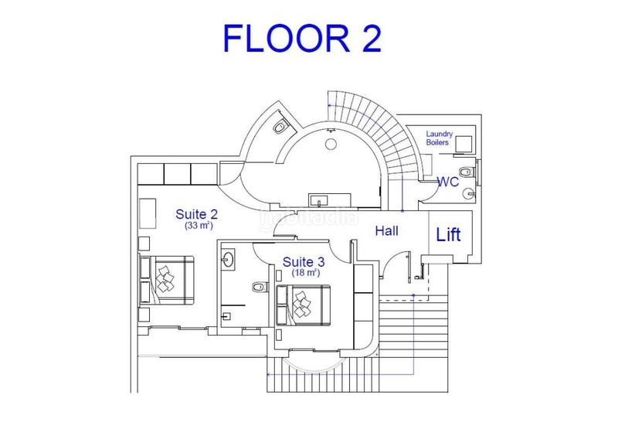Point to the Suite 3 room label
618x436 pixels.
(302, 261)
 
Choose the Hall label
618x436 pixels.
(386, 230)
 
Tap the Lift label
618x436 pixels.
(449, 234)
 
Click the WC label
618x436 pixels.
(450, 182)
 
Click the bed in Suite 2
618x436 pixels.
(166, 278)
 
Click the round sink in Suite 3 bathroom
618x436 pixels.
(229, 261)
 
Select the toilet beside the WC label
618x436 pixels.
(464, 171)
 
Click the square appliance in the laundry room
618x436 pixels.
(464, 144)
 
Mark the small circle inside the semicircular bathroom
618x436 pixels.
(331, 144)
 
